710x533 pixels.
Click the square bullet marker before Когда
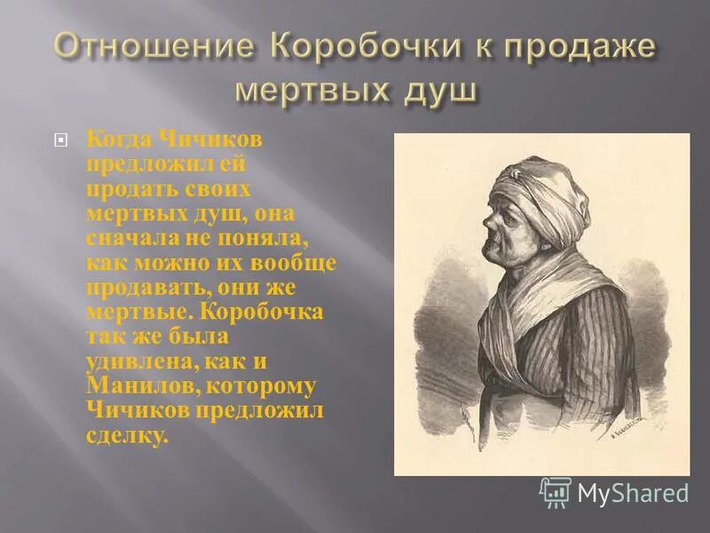60,139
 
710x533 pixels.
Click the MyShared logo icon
555,492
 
